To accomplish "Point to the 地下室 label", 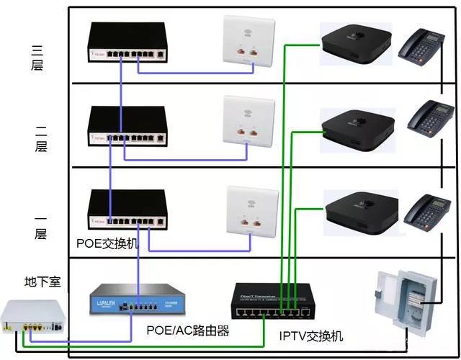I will (42, 282).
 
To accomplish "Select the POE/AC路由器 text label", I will (187, 330).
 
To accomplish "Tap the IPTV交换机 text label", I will (310, 336).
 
